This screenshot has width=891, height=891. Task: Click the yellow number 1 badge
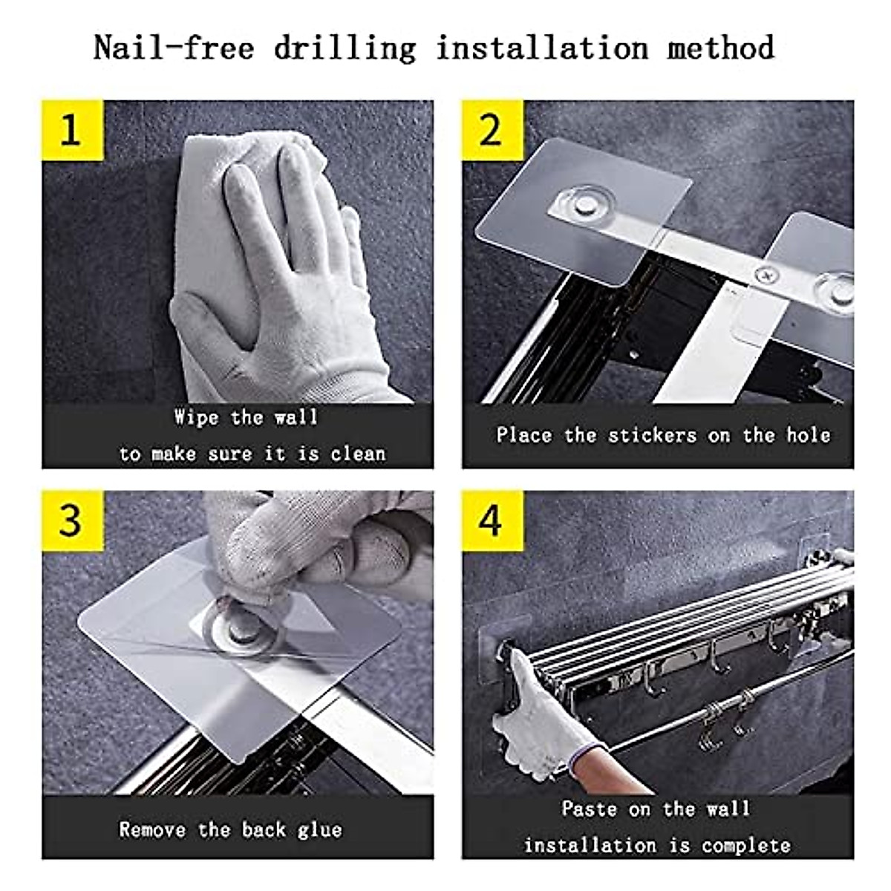coord(73,131)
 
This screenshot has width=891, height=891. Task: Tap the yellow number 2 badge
coord(492,131)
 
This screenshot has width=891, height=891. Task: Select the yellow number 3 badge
coord(73,520)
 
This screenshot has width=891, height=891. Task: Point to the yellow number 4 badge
coord(492,520)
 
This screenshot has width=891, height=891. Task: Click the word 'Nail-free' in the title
coord(174,48)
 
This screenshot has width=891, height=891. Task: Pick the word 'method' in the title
coord(720,48)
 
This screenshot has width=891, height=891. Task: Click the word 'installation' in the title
coord(543,48)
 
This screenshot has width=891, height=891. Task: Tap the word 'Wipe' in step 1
coord(197,417)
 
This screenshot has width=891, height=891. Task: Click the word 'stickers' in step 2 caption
coord(652,436)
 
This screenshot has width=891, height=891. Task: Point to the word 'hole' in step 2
coord(809,436)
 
